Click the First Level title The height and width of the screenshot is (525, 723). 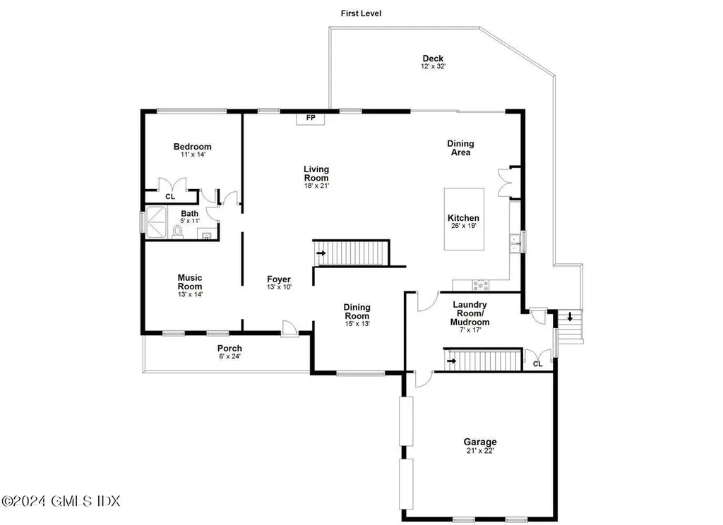(361, 13)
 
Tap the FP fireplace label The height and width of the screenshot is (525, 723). (311, 118)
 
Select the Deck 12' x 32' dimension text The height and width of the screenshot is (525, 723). (433, 66)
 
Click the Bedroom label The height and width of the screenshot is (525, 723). (192, 147)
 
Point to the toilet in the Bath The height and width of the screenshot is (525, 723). (177, 231)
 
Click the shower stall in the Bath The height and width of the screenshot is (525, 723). (156, 222)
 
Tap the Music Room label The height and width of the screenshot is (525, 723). (190, 282)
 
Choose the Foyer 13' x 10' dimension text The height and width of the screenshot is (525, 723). (279, 287)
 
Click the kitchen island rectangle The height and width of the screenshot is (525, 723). (464, 219)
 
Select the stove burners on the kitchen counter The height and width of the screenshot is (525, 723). (480, 285)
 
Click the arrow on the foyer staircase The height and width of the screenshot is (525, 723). (321, 253)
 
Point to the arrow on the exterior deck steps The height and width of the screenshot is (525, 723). (570, 317)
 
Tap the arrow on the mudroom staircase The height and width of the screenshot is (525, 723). (451, 361)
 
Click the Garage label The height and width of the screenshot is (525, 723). (480, 442)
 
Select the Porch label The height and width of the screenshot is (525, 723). (229, 349)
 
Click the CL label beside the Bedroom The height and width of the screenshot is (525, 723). (170, 197)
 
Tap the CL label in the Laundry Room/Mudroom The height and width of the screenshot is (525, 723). (537, 364)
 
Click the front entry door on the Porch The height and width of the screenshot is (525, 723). (289, 328)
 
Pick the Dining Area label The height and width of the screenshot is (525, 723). (460, 148)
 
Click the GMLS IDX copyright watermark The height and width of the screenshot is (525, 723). (61, 501)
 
